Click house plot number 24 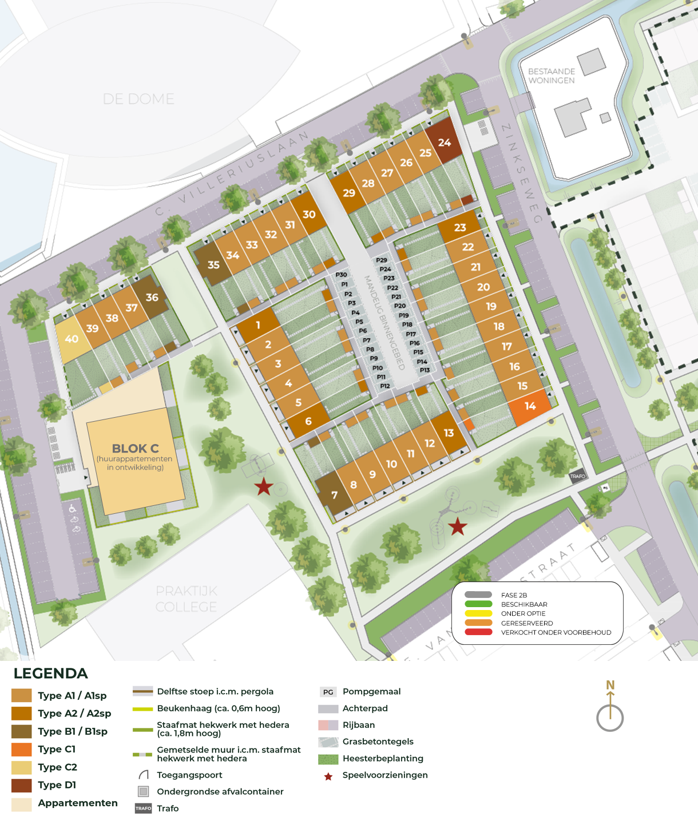coord(445,142)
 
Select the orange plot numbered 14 coord(530,406)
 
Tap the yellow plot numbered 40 coord(72,339)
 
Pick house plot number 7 coord(334,495)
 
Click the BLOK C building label coord(135,449)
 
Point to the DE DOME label coord(138,99)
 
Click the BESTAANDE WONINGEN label coord(551,76)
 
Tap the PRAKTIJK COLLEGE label coord(187,599)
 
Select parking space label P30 coord(341,275)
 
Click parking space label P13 coord(425,370)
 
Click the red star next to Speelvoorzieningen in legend coord(328,777)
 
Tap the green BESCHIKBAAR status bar coord(478,604)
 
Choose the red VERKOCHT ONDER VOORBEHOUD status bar coord(478,632)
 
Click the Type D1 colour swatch coord(22,785)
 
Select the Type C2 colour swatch coord(22,767)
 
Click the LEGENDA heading coord(51,674)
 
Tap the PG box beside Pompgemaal coord(328,692)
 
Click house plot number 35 coord(213,265)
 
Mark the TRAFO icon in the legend coord(143,809)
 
